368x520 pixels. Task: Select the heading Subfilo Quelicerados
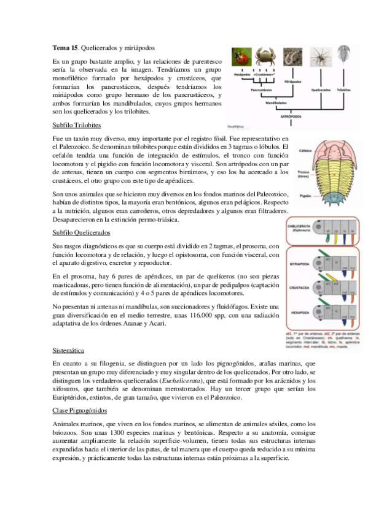[78, 233]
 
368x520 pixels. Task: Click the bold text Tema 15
[65, 47]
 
